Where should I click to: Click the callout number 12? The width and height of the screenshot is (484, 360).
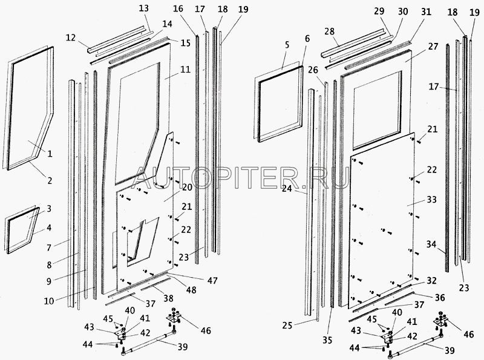point(70,38)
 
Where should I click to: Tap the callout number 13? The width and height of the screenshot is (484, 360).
point(143,9)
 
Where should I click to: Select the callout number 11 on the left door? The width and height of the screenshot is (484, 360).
point(185,70)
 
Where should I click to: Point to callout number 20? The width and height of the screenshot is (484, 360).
point(186,187)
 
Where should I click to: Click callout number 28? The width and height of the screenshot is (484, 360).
point(329,31)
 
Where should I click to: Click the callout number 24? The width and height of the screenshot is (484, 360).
point(287,188)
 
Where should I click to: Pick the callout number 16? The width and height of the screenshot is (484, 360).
point(178,9)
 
